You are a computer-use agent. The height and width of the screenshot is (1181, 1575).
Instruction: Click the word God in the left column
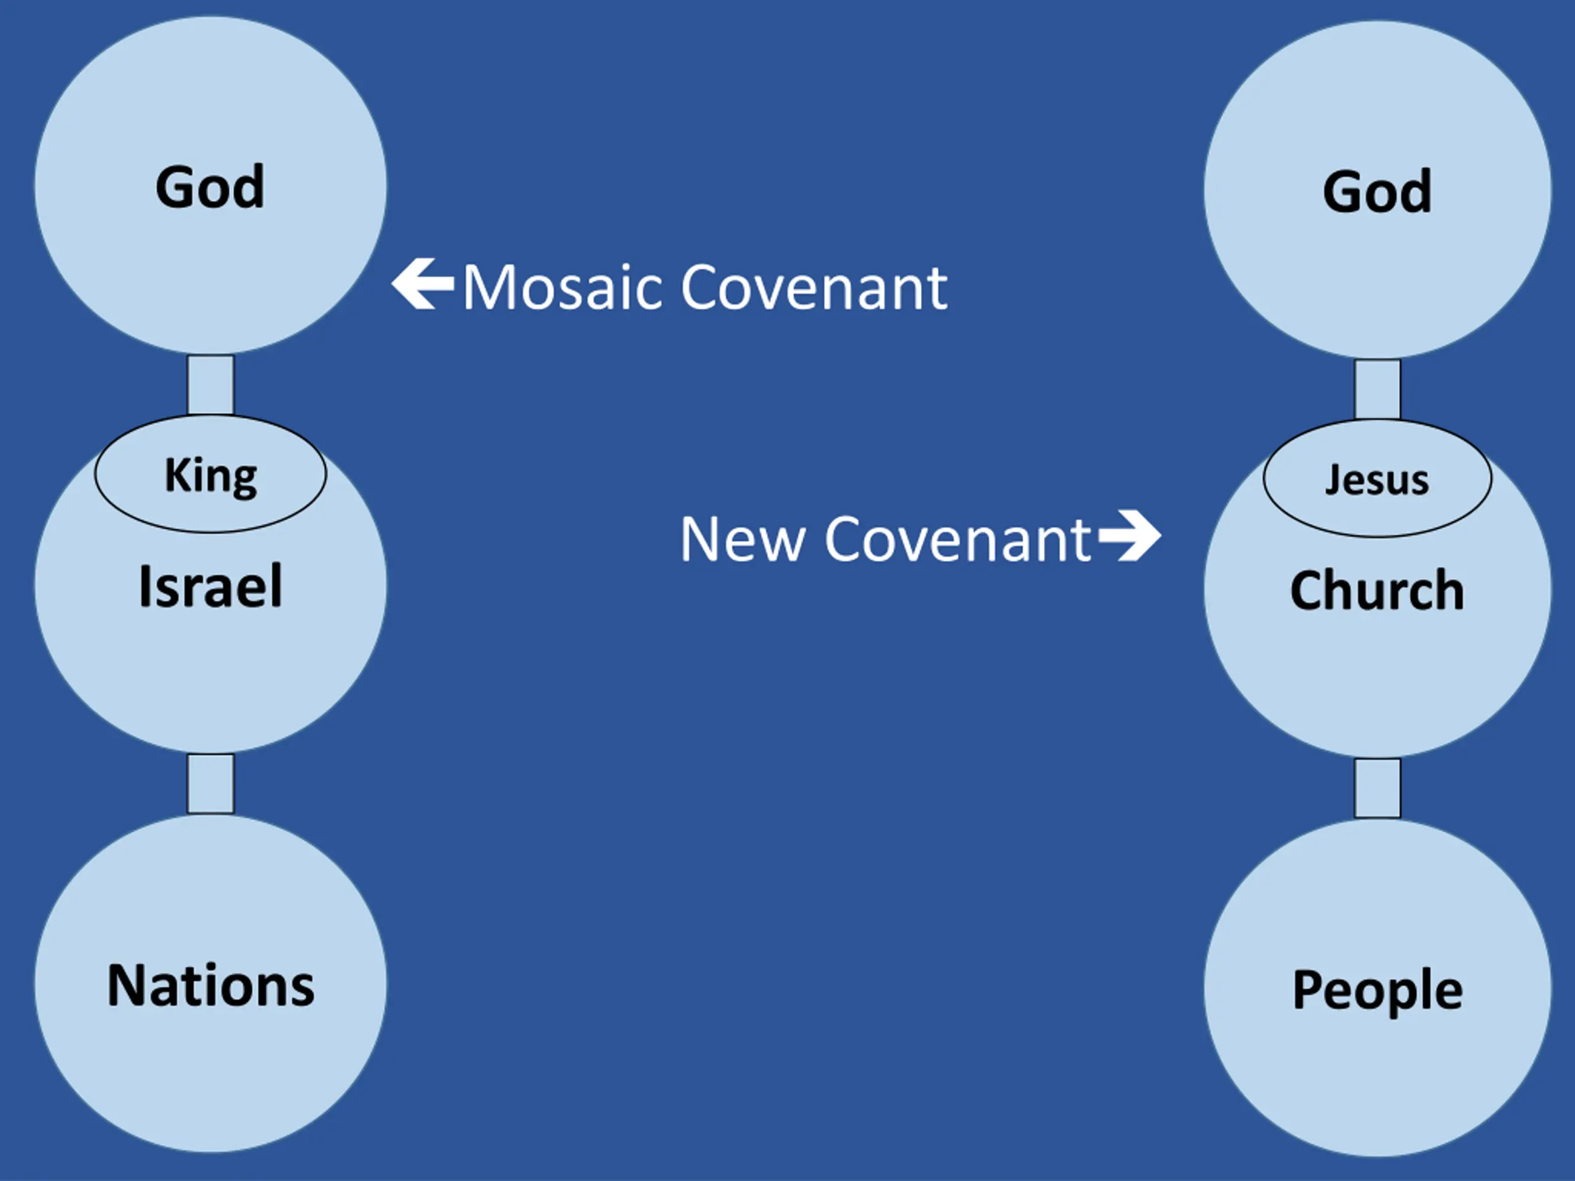click(x=210, y=187)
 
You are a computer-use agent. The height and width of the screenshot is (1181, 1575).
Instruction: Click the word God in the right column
click(x=1377, y=191)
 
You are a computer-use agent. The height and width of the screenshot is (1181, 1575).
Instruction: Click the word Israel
click(x=211, y=587)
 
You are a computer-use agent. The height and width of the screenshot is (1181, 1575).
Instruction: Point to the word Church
click(x=1377, y=591)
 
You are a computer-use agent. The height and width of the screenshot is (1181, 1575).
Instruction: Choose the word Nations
click(x=211, y=986)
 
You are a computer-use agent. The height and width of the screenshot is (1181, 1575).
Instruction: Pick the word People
click(x=1377, y=991)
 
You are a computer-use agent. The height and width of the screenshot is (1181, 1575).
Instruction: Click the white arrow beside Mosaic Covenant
click(x=423, y=284)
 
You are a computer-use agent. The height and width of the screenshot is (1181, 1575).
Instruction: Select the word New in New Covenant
click(x=743, y=539)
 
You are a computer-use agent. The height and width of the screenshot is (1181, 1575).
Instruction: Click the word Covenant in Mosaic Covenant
click(x=815, y=288)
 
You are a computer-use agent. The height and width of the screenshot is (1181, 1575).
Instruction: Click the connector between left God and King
click(x=211, y=384)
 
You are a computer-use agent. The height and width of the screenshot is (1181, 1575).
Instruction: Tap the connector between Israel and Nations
click(x=211, y=783)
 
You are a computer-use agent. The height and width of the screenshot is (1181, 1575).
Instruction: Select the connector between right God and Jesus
click(x=1377, y=389)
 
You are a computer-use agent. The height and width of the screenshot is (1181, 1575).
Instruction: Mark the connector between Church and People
click(x=1377, y=788)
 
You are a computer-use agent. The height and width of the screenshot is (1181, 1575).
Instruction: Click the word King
click(x=211, y=475)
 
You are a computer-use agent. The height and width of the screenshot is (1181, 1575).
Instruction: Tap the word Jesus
click(x=1377, y=480)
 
